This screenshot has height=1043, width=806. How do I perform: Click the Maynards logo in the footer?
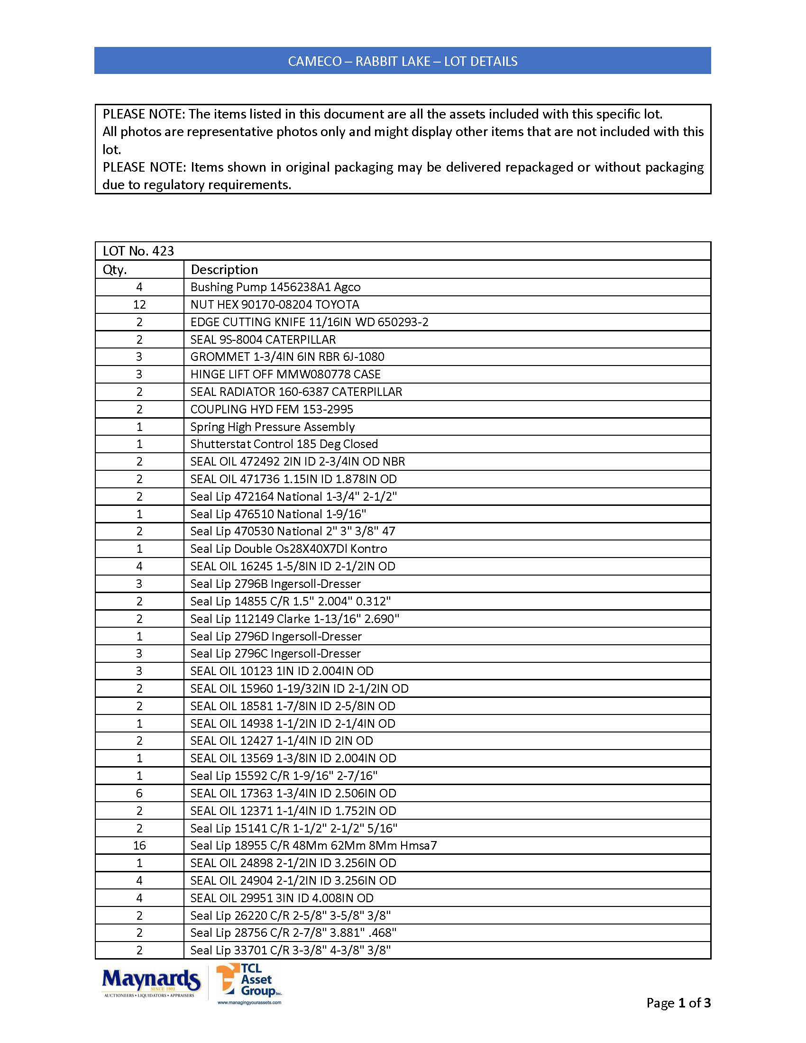(x=150, y=982)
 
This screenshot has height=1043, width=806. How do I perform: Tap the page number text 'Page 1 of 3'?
(x=678, y=1002)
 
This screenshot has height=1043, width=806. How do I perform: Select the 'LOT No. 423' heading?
(x=138, y=251)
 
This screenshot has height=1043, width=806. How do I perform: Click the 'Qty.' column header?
(x=115, y=270)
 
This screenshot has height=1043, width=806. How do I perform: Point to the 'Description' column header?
(x=224, y=270)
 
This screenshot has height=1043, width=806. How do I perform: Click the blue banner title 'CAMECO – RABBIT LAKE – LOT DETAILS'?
(x=403, y=61)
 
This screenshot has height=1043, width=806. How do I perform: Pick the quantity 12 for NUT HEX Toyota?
(x=139, y=305)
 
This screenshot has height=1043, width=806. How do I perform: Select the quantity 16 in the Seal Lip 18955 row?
(x=139, y=846)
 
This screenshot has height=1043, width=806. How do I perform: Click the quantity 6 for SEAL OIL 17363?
(x=139, y=793)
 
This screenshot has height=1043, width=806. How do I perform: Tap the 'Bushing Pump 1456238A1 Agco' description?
(x=275, y=287)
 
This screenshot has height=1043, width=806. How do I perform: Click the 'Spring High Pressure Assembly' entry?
(x=273, y=427)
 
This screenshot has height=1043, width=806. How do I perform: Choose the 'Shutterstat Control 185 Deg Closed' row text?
(x=284, y=444)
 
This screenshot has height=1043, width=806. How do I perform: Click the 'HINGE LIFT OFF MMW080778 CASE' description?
(x=285, y=375)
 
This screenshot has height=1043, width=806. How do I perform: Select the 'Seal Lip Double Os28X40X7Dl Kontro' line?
(x=289, y=549)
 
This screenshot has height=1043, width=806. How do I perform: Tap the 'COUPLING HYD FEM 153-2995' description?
(x=272, y=409)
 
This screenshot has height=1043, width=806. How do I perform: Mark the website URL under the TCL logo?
(x=249, y=1002)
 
